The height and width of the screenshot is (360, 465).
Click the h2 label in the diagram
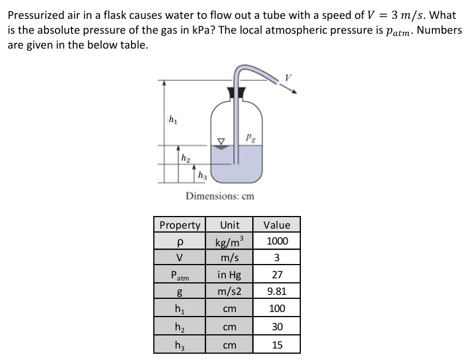click(185, 158)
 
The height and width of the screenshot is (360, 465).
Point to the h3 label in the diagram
click(202, 176)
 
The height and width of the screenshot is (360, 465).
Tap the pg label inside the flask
click(250, 137)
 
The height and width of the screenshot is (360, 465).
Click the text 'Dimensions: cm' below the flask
click(220, 196)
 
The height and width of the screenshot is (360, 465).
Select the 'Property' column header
click(180, 225)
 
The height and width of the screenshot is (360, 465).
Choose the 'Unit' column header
click(229, 225)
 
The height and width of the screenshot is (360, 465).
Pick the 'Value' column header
click(277, 225)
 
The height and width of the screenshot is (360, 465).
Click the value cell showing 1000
click(277, 241)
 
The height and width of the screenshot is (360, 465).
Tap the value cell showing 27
click(277, 275)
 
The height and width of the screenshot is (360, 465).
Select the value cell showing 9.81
click(277, 292)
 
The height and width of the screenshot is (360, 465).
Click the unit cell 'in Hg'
click(229, 275)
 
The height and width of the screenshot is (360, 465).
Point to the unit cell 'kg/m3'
click(229, 241)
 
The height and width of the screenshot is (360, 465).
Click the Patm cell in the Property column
click(180, 275)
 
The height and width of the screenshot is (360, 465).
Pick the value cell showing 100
click(277, 309)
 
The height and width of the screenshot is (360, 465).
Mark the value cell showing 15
click(277, 345)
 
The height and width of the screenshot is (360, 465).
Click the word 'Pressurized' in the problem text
click(37, 15)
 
